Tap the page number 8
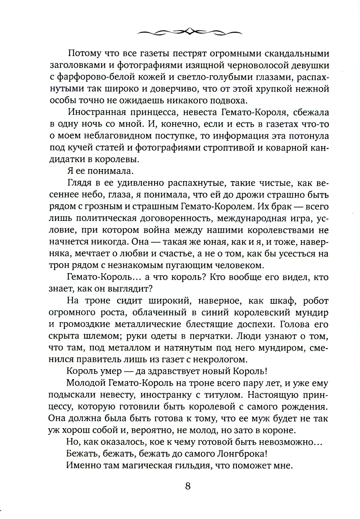(x=188, y=486)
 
